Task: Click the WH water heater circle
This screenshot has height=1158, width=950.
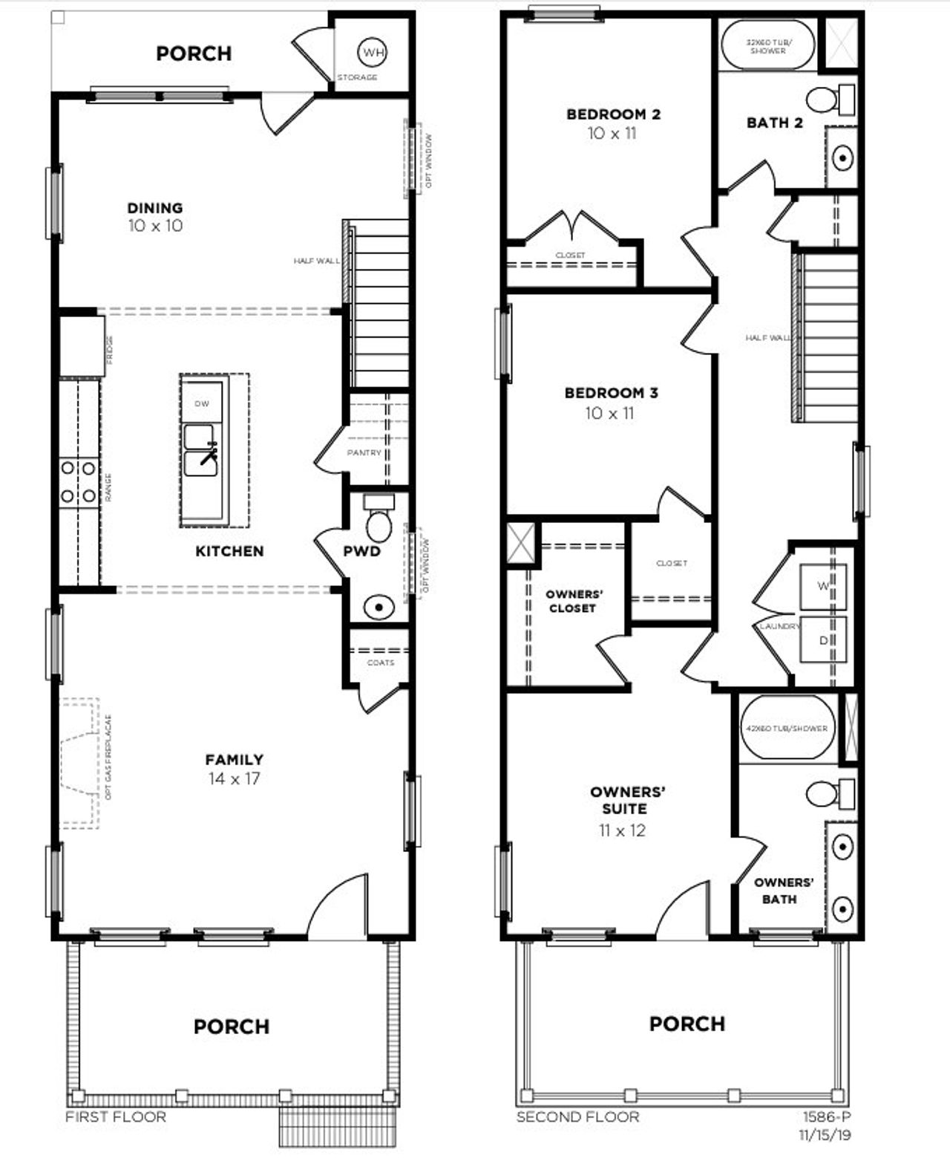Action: [x=373, y=52]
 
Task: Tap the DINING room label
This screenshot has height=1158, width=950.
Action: [x=154, y=208]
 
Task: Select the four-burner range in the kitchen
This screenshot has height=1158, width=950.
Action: [x=78, y=481]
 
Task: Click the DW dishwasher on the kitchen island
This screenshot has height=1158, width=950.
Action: [x=202, y=403]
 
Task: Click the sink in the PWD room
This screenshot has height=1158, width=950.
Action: [x=379, y=608]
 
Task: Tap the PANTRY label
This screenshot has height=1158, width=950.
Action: [x=364, y=452]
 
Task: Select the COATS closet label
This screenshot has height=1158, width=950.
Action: [x=381, y=662]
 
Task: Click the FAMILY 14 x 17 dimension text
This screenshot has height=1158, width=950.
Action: [x=234, y=779]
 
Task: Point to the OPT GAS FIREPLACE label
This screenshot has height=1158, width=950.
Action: [x=108, y=758]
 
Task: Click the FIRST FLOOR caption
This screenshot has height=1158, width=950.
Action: [x=116, y=1117]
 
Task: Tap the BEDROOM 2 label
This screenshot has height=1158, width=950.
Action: [x=613, y=114]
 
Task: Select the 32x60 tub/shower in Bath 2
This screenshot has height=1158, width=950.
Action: [x=767, y=46]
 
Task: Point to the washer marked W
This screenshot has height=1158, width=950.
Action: [x=822, y=586]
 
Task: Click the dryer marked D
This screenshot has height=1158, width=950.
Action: [x=822, y=640]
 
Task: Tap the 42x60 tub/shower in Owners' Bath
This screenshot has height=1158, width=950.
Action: [x=787, y=728]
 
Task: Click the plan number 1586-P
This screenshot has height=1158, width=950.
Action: [x=826, y=1117]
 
